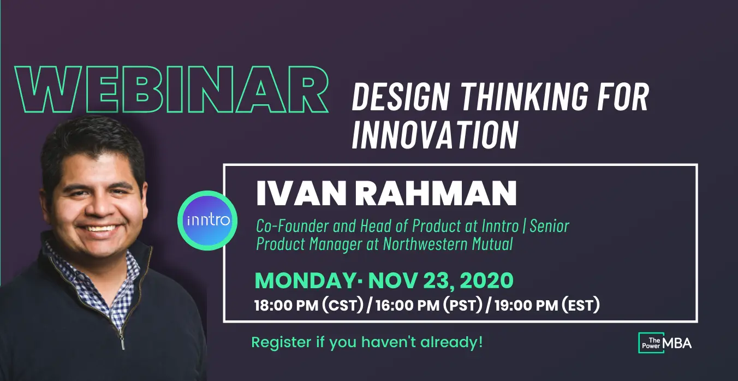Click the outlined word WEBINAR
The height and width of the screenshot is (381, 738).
(x=171, y=90)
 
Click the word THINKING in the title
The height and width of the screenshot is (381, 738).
(x=525, y=98)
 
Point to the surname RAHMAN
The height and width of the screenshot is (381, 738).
(x=436, y=193)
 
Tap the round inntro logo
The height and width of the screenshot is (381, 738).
(x=207, y=220)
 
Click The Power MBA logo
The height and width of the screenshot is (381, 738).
(x=664, y=343)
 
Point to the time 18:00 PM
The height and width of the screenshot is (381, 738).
(x=286, y=305)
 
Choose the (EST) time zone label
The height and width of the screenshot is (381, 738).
(x=581, y=305)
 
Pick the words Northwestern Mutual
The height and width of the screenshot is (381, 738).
(x=448, y=244)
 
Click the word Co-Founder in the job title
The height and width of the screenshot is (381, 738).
(x=293, y=226)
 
